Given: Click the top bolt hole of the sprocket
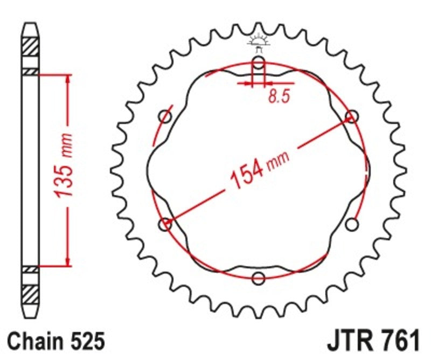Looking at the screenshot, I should pos(259,64).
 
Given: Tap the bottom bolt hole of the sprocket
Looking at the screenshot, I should pos(259,278).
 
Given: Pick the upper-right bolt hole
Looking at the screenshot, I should pos(352,116).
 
